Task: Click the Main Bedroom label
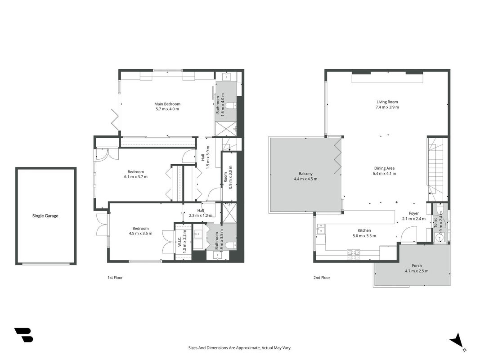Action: (x=167, y=104)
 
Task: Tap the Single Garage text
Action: (x=45, y=216)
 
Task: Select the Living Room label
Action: (x=387, y=102)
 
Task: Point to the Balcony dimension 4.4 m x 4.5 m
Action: (x=305, y=179)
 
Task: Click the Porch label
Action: (x=417, y=265)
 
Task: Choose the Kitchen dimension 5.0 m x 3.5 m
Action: (x=364, y=236)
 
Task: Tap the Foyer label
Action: (x=414, y=213)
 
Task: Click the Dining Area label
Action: (x=384, y=168)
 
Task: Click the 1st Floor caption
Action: (x=115, y=278)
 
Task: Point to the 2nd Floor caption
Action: (x=322, y=278)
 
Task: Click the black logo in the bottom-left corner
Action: (x=23, y=335)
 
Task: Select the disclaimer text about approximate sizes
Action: (x=240, y=348)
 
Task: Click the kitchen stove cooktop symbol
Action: (x=354, y=252)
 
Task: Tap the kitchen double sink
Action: (x=321, y=229)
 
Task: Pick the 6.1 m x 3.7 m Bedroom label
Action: (x=135, y=174)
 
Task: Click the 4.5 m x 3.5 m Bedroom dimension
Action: (x=140, y=233)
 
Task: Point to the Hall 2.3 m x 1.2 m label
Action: (x=201, y=213)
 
